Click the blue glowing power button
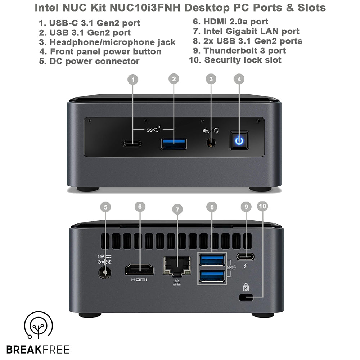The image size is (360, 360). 239,140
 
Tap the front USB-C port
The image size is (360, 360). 132,144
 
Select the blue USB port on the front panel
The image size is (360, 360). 174,144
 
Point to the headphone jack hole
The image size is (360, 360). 211,143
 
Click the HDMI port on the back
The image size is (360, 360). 140,270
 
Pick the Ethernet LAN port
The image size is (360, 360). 177,266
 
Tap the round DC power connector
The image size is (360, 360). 105,273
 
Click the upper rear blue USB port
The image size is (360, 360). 212,260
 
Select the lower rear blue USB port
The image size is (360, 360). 212,276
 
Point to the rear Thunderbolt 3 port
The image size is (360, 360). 246,256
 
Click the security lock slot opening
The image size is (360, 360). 246,297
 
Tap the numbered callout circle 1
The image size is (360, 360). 133,80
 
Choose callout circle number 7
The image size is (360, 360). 177,210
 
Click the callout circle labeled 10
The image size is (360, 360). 262,206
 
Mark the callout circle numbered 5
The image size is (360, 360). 105,207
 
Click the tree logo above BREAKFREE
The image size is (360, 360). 39,325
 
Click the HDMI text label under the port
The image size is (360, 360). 139,280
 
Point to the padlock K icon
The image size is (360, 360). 246,287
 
